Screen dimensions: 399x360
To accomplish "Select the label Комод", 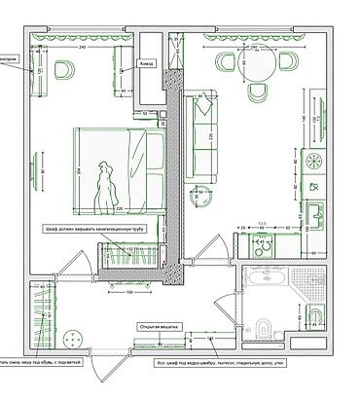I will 148,63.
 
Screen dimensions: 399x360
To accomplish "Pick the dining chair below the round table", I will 258,92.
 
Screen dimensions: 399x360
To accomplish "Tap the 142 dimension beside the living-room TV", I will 303,118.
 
